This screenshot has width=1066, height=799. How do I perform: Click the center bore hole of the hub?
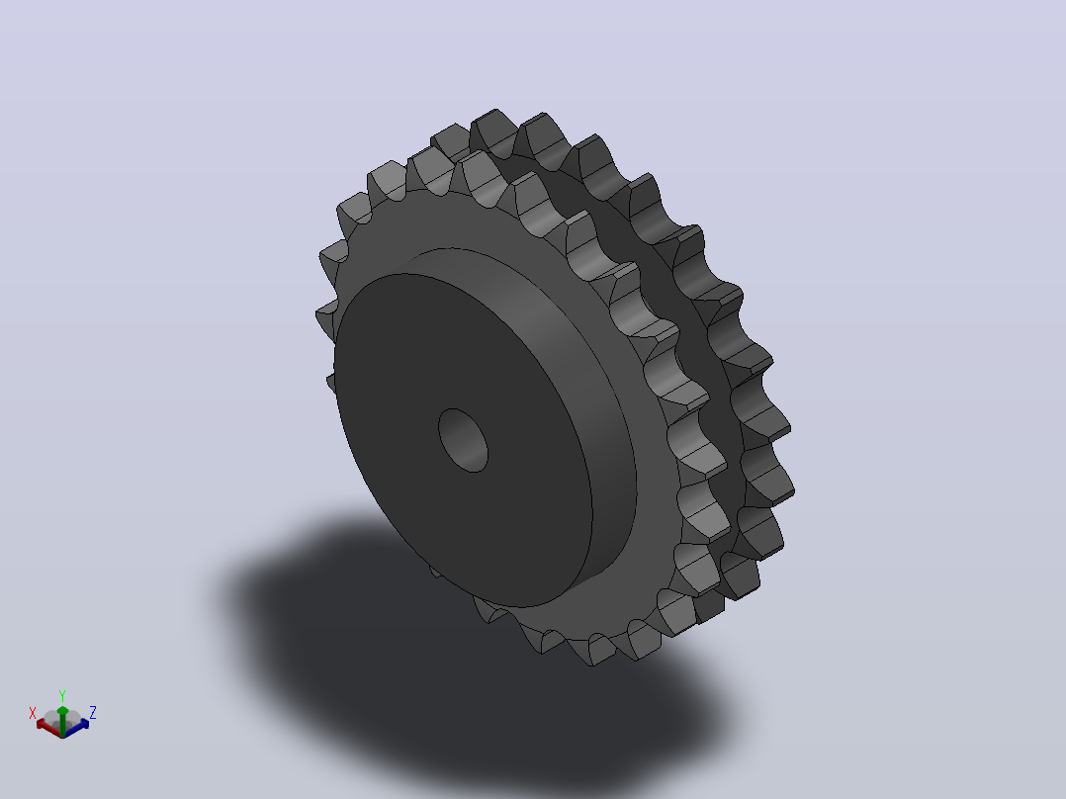[463, 440]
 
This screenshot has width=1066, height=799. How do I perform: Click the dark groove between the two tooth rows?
[700, 354]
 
